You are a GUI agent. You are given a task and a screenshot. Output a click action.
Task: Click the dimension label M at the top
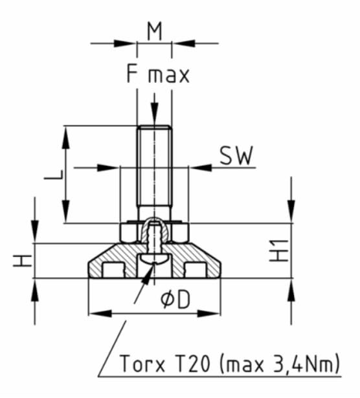tap(154, 30)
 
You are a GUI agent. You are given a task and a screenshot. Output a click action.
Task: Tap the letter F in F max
tap(133, 74)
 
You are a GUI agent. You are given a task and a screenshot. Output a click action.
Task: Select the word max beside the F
tap(168, 76)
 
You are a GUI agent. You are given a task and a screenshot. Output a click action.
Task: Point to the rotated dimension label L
tap(56, 173)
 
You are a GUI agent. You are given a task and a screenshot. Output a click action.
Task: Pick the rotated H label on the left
tap(24, 261)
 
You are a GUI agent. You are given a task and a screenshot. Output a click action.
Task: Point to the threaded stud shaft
tap(154, 168)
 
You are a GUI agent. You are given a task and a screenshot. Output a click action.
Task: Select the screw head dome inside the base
tap(154, 260)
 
